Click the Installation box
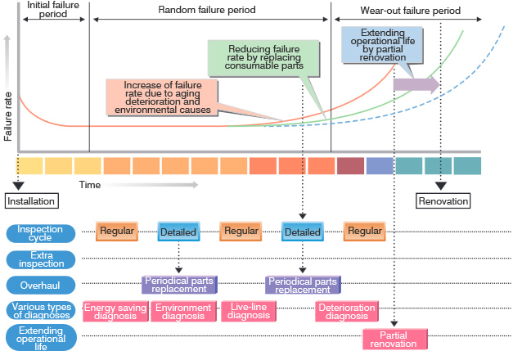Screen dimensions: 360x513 pos(32,201)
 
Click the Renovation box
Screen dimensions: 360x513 pos(443,201)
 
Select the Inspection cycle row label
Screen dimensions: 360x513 pos(41,232)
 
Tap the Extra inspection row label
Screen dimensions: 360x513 pos(41,259)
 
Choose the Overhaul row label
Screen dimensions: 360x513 pos(41,285)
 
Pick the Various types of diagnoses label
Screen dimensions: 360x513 pos(41,311)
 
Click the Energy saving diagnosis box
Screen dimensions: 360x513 pos(115,312)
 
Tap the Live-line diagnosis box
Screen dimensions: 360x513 pos(250,312)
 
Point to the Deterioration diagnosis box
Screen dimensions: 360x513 pos(346,312)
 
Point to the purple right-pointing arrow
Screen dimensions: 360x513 pos(416,84)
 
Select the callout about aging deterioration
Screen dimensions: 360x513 pos(160,97)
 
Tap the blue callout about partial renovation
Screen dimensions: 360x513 pos(383,45)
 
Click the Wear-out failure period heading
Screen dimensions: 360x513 pos(410,11)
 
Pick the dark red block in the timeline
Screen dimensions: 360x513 pos(349,166)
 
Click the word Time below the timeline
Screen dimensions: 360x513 pos(90,185)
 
